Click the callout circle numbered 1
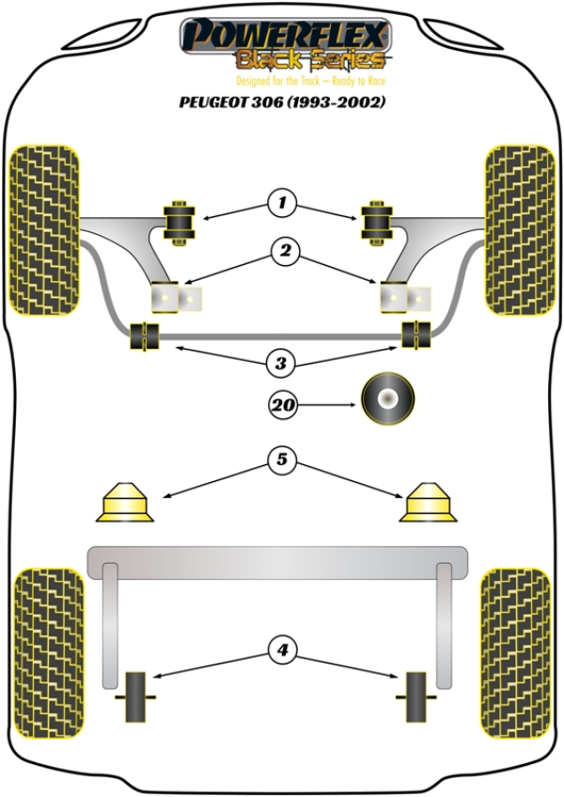[281, 202]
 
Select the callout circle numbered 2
[282, 251]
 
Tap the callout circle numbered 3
[282, 362]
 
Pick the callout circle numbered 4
[281, 649]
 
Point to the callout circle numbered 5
[282, 461]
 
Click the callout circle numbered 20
[282, 406]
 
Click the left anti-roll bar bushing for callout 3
[146, 336]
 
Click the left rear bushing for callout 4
[138, 696]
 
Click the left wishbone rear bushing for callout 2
[177, 298]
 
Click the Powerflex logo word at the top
[285, 35]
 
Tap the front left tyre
[43, 229]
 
